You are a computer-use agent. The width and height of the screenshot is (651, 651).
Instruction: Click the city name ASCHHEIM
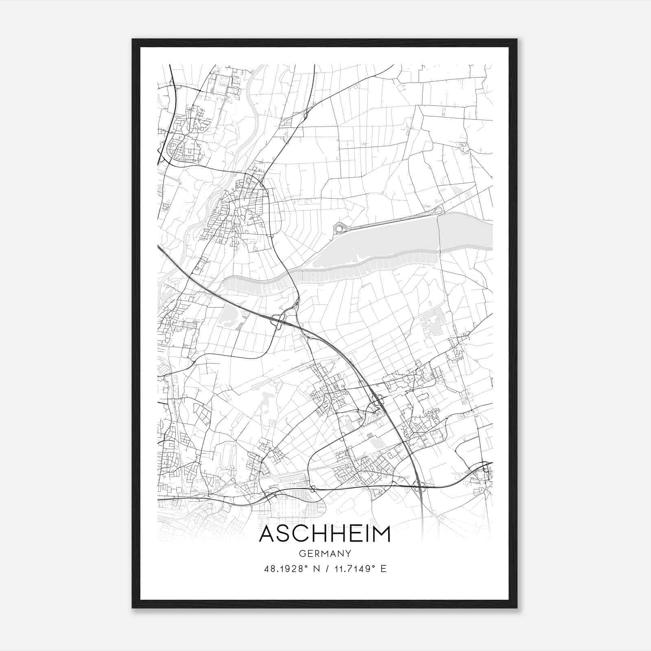pyautogui.click(x=325, y=534)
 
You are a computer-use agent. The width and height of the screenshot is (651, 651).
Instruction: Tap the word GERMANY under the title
pyautogui.click(x=325, y=553)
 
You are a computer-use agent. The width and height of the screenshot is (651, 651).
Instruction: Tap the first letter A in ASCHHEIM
pyautogui.click(x=267, y=534)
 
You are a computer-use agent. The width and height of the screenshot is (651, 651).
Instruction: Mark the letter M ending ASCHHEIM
pyautogui.click(x=382, y=534)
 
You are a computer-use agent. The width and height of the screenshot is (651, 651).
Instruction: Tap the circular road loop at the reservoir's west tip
pyautogui.click(x=339, y=229)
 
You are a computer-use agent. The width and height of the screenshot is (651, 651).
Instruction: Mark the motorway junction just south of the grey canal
pyautogui.click(x=278, y=320)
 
